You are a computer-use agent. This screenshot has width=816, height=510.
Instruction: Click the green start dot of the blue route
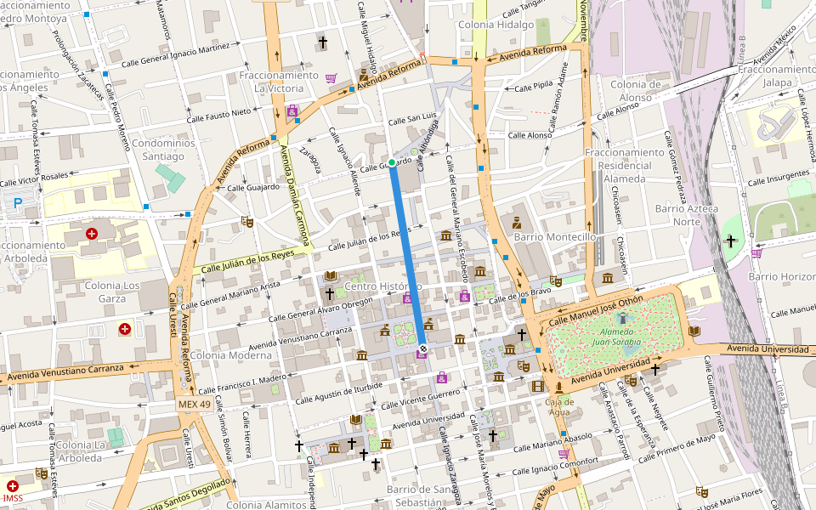(391, 162)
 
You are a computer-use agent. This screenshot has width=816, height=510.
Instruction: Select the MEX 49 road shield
(194, 404)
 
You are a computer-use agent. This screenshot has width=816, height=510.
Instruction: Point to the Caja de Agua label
(559, 407)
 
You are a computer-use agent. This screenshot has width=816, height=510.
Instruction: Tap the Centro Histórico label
(383, 286)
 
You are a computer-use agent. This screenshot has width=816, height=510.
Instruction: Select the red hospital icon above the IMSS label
(12, 485)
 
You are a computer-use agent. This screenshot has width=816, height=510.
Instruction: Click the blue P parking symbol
(18, 203)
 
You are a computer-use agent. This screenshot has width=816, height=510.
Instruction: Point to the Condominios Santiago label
(163, 150)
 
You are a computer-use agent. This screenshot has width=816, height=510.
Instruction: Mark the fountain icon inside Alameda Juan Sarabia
(623, 318)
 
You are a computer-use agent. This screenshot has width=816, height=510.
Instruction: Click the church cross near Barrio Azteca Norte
(729, 241)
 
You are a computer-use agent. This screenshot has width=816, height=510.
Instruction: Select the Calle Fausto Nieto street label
(218, 111)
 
